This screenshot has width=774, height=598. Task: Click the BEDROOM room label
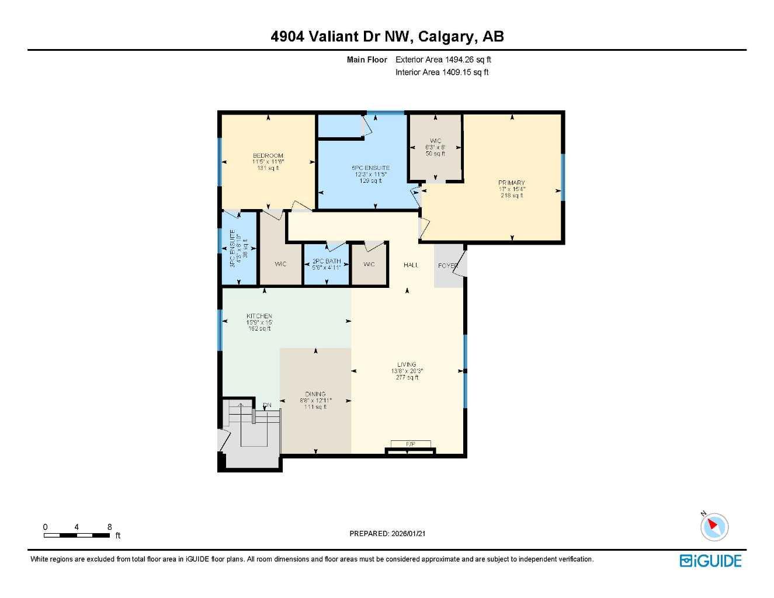point(268,156)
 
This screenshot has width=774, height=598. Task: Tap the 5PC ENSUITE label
point(370,168)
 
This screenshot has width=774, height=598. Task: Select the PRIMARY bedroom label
point(512,183)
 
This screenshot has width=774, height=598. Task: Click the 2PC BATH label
point(327,261)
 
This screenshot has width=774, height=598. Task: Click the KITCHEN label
point(259,316)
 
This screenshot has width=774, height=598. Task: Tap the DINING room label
point(315,394)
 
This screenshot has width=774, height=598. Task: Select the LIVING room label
point(407,364)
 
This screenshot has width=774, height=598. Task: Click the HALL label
point(411,265)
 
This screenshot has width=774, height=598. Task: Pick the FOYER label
point(448,266)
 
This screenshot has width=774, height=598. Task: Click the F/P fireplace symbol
point(411,445)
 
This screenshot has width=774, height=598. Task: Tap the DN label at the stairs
point(267,405)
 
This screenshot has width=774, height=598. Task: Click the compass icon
point(714,527)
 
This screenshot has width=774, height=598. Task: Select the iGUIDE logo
point(710,561)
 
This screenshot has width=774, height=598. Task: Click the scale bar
point(77,535)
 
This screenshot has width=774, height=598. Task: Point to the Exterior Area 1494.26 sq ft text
point(443,60)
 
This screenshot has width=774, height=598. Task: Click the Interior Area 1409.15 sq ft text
point(442,72)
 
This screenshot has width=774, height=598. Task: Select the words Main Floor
point(367,60)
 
